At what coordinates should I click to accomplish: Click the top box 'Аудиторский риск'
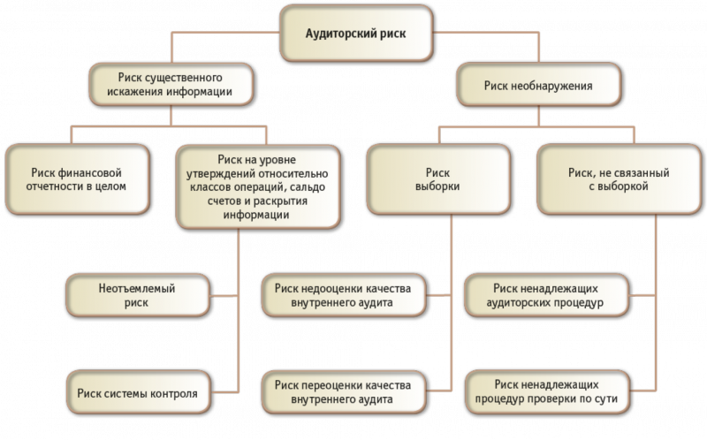point(356,34)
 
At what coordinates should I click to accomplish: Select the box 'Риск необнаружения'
point(539,85)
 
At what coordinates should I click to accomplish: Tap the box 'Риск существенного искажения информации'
point(171,84)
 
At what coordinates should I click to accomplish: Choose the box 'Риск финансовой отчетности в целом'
point(77,179)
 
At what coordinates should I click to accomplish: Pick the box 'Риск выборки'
point(438,179)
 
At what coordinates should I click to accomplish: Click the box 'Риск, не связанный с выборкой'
point(620,179)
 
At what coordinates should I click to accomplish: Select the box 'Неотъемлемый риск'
point(138,295)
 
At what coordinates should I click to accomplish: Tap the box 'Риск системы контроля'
point(138,392)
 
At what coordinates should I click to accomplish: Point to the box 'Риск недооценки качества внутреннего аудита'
point(344,295)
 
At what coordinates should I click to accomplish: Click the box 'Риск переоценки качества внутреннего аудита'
point(344,392)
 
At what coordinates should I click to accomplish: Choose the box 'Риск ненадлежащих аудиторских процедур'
point(546,295)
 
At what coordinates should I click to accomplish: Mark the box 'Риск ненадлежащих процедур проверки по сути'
point(547,392)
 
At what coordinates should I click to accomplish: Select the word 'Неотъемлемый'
point(137,289)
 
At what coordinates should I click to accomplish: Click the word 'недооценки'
point(333,289)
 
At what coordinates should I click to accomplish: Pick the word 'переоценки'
point(333,385)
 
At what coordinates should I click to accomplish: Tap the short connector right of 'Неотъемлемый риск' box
point(224,296)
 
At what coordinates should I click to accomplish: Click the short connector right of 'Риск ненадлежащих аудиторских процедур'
point(642,296)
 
